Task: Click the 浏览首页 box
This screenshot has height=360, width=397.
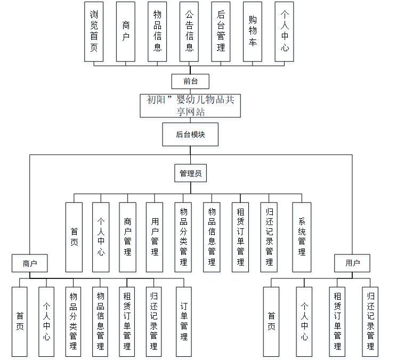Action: pos(94,31)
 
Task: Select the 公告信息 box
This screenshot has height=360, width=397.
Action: pos(189,31)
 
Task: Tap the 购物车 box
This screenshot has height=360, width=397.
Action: pos(253,31)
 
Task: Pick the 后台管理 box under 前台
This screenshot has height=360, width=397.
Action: pos(221,31)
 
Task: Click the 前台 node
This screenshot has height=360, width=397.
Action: pos(190,81)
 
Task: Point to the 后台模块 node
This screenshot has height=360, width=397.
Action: pos(190,134)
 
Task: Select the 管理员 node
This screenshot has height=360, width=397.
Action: pos(190,173)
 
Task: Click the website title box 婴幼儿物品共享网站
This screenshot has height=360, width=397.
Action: pos(190,106)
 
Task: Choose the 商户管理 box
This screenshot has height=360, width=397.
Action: pos(127,237)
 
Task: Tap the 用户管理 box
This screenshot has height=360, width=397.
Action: pos(155,237)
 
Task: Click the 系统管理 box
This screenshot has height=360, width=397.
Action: pos(302,237)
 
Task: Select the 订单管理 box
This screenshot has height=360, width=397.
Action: pos(183,322)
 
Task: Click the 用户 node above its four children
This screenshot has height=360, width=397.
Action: pos(352,263)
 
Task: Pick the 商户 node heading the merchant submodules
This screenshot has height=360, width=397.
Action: pos(29,263)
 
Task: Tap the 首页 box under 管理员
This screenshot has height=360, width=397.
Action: pos(74,237)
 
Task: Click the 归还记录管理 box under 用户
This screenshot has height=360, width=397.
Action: pos(370,322)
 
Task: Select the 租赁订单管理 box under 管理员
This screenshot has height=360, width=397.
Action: pos(240,237)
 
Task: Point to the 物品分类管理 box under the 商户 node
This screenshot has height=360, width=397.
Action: pos(73,322)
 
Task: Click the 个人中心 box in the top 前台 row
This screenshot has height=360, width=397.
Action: pos(285,31)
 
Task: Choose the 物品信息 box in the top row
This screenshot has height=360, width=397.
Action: pos(157,31)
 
